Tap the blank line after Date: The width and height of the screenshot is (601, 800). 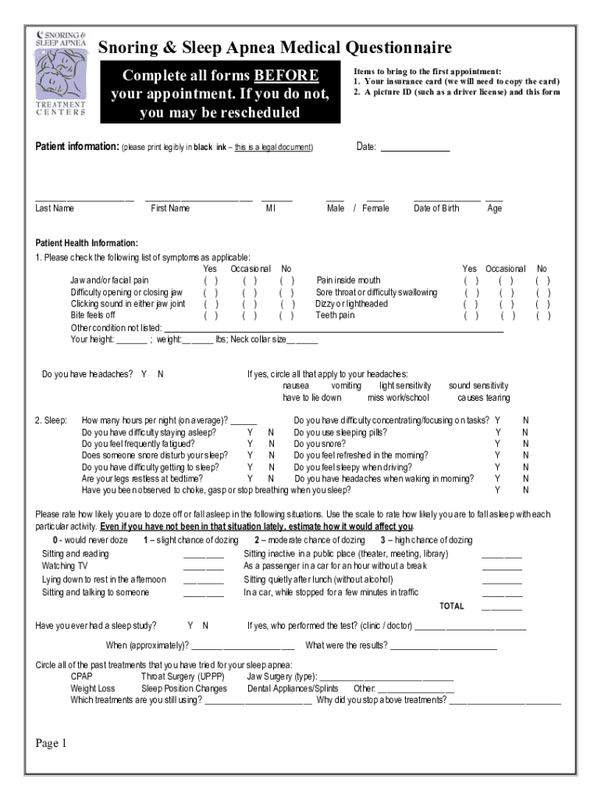click(414, 147)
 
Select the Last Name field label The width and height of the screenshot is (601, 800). click(55, 209)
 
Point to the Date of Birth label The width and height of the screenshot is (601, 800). click(436, 209)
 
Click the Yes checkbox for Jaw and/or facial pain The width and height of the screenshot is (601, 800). click(211, 280)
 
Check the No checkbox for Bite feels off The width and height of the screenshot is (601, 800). click(287, 316)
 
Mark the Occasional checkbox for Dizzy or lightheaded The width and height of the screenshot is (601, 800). click(507, 304)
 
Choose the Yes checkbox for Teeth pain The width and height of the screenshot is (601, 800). click(471, 316)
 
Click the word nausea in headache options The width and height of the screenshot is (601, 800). click(296, 386)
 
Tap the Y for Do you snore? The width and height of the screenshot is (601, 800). click(497, 444)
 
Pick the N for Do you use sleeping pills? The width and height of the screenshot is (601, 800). click(525, 432)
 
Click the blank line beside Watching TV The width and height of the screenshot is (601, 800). click(203, 566)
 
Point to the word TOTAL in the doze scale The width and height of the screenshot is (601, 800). click(451, 606)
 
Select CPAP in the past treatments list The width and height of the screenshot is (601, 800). click(81, 677)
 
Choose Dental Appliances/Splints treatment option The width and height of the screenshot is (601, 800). click(293, 688)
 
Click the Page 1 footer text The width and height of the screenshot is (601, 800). click(52, 743)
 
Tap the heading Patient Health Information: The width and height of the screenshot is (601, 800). click(87, 243)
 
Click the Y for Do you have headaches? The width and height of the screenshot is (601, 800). click(144, 374)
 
